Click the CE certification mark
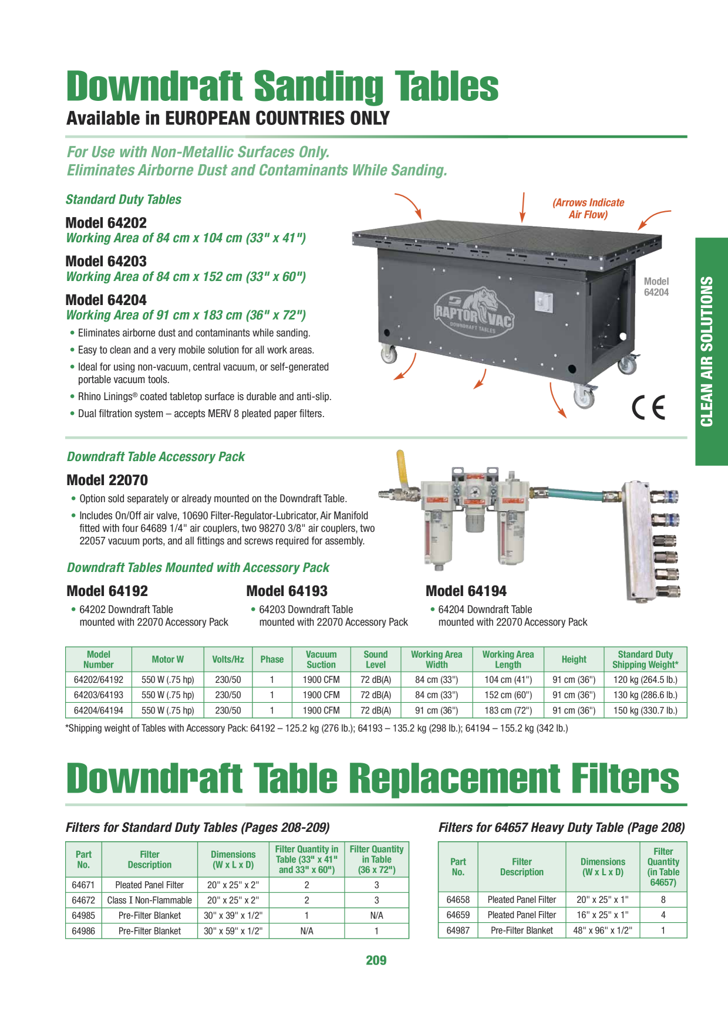pyautogui.click(x=649, y=408)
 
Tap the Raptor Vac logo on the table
pyautogui.click(x=474, y=311)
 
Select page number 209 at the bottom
pyautogui.click(x=376, y=960)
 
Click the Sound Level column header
pyautogui.click(x=376, y=659)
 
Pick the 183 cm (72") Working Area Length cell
pyautogui.click(x=508, y=710)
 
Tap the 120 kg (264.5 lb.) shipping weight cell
pyautogui.click(x=645, y=680)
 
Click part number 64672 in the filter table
pyautogui.click(x=83, y=900)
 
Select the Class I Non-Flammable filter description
pyautogui.click(x=150, y=900)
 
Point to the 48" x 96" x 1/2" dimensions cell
pyautogui.click(x=602, y=930)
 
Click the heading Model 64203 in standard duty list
pyautogui.click(x=106, y=261)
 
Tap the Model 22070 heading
pyautogui.click(x=107, y=480)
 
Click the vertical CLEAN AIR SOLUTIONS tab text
pyautogui.click(x=707, y=351)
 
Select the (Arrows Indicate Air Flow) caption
pyautogui.click(x=588, y=208)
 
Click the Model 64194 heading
pyautogui.click(x=466, y=591)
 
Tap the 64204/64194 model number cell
pyautogui.click(x=99, y=710)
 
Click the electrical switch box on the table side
pyautogui.click(x=544, y=302)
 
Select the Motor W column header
pyautogui.click(x=168, y=659)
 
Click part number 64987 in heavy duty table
pyautogui.click(x=458, y=930)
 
